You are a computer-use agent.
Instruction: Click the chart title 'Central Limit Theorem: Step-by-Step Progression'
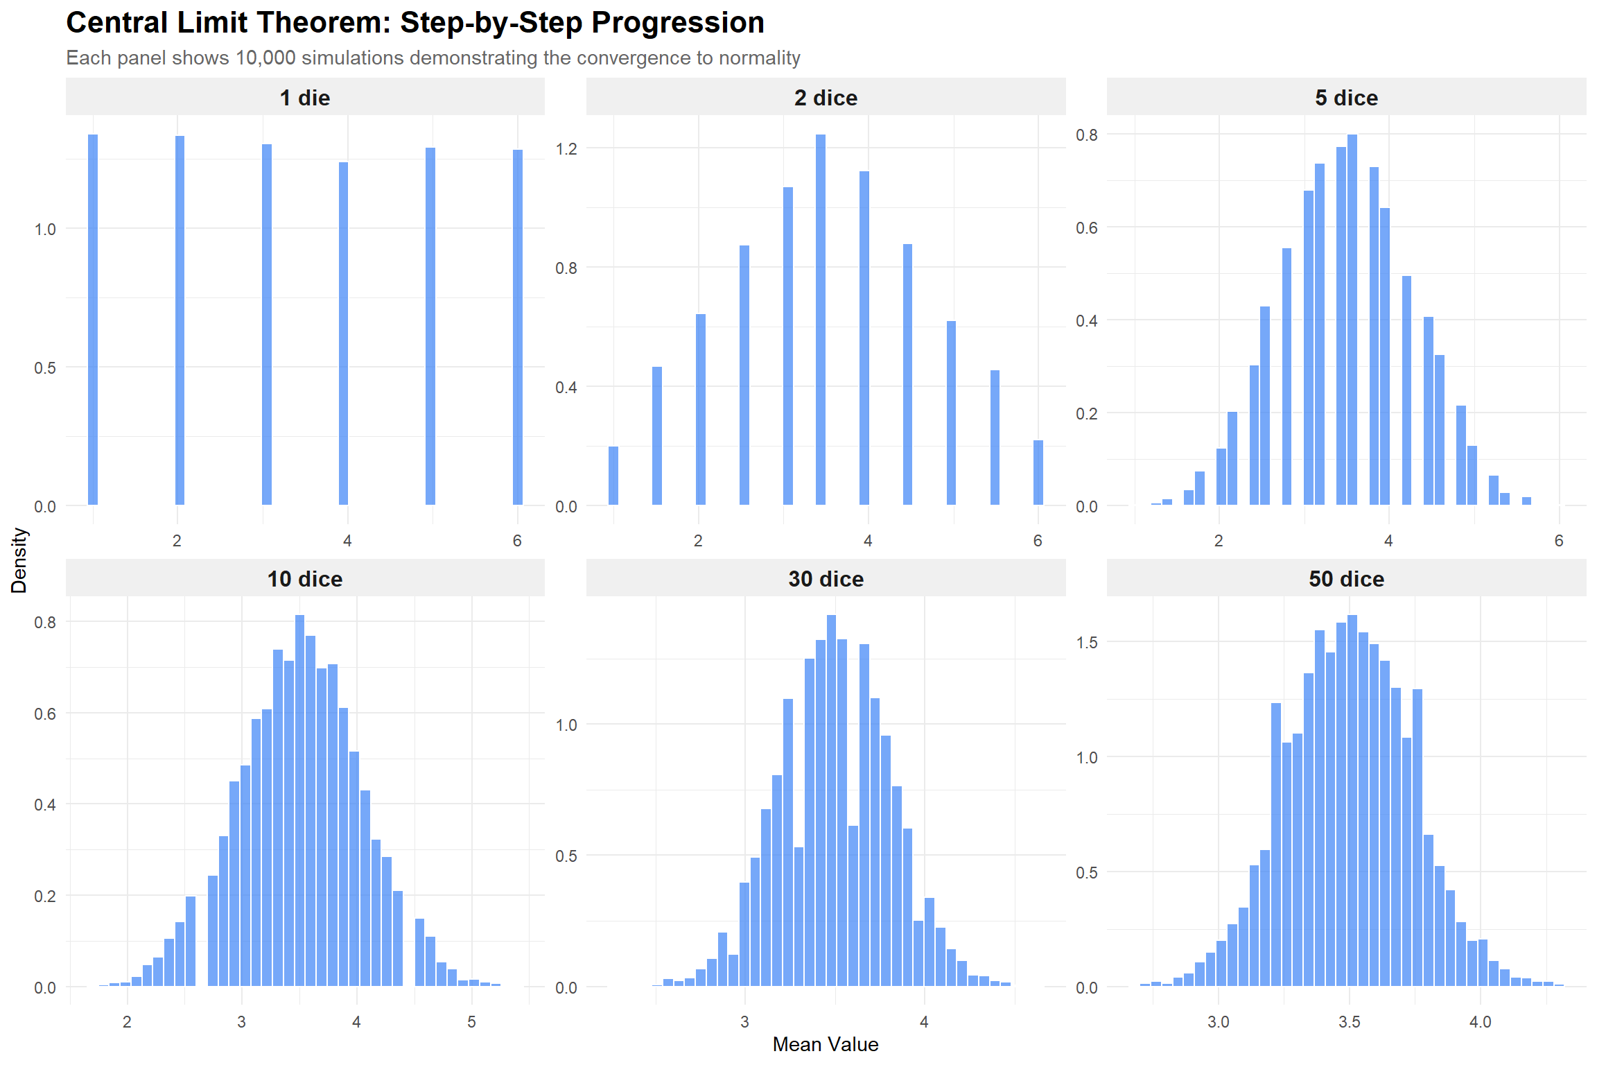coord(414,23)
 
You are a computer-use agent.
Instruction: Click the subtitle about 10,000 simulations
coord(433,58)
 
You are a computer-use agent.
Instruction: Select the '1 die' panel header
coord(305,98)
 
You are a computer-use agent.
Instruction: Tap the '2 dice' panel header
coord(826,98)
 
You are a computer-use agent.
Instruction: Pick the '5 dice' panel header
coord(1346,98)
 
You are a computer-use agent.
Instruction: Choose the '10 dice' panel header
coord(305,579)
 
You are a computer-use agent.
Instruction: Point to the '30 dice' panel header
coord(826,579)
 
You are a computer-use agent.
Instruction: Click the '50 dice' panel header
coord(1346,579)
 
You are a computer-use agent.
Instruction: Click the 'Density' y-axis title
coord(19,560)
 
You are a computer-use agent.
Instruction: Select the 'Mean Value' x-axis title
coord(825,1044)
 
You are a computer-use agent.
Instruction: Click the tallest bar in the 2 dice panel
coord(821,319)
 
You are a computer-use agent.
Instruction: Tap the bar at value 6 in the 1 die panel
coord(518,326)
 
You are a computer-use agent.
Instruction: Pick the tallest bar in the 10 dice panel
coord(299,797)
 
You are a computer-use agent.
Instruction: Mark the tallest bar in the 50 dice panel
coord(1352,797)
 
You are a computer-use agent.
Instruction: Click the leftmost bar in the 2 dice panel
coord(613,476)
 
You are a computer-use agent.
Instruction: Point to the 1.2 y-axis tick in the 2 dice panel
coord(566,149)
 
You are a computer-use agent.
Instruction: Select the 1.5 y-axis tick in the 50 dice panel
coord(1087,643)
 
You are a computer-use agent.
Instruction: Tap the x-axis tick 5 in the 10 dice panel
coord(471,1022)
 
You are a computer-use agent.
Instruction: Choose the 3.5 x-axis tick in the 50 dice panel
coord(1349,1022)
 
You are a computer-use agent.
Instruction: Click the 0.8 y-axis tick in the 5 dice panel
coord(1087,135)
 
